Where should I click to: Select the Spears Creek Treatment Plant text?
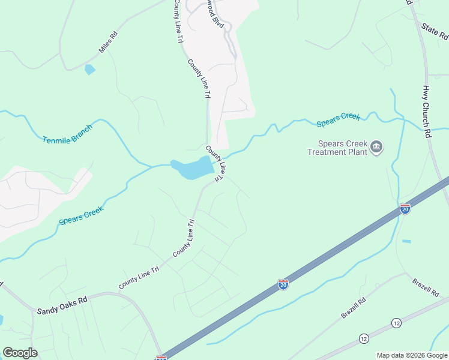point(336,148)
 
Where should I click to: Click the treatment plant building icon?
point(376,147)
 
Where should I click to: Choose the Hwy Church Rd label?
point(426,112)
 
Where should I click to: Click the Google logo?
point(20,353)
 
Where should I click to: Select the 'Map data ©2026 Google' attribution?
point(412,355)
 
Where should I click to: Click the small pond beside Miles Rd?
point(90,70)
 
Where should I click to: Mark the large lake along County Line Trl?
point(191,168)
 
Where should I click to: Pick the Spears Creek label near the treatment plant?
point(339,119)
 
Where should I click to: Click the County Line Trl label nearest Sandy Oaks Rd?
point(139,278)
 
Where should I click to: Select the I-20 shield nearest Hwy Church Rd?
point(405,209)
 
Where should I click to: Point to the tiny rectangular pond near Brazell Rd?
point(407,241)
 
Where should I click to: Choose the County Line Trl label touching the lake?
point(215,164)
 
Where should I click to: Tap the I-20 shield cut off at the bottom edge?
point(161,358)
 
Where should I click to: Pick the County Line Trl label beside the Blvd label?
point(178,21)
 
